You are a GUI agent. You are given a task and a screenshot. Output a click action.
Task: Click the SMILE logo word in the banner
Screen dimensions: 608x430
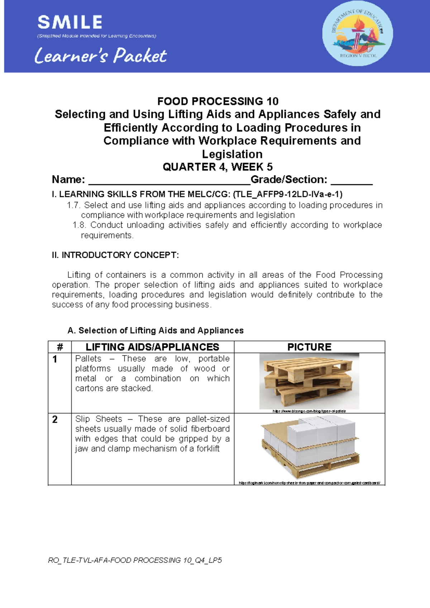point(70,22)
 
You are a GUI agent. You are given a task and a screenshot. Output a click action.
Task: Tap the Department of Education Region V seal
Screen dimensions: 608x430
point(357,33)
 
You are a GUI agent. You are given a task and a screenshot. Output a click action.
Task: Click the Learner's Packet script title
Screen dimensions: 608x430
point(101,56)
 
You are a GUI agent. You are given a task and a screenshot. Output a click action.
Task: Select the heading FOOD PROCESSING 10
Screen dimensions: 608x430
point(218,101)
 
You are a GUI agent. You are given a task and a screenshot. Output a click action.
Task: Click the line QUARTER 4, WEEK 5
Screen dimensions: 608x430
point(218,167)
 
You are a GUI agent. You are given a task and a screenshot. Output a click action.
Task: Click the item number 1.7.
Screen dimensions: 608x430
point(74,205)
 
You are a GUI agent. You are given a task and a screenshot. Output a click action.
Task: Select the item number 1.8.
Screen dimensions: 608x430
point(80,225)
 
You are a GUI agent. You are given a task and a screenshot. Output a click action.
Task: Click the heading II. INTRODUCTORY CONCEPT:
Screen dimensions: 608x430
point(115,255)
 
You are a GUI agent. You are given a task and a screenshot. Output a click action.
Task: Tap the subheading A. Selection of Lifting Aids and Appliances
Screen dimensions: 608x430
point(156,331)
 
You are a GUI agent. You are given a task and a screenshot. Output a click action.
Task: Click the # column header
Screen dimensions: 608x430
point(60,347)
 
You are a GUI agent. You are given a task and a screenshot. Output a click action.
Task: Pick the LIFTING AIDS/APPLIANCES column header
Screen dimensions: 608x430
point(152,347)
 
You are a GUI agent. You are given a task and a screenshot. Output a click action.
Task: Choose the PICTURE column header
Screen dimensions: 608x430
point(309,347)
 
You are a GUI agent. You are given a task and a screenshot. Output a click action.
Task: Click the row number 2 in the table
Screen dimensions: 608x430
point(55,419)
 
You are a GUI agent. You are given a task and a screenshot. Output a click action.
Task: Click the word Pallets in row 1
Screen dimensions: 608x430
point(88,359)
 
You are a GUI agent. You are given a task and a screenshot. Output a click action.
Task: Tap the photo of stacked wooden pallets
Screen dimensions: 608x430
point(309,381)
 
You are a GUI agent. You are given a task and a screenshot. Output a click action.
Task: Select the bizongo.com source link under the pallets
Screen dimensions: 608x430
point(309,411)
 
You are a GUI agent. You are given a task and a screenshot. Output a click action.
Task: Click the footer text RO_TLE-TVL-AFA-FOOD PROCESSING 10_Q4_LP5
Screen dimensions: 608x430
point(135,560)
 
